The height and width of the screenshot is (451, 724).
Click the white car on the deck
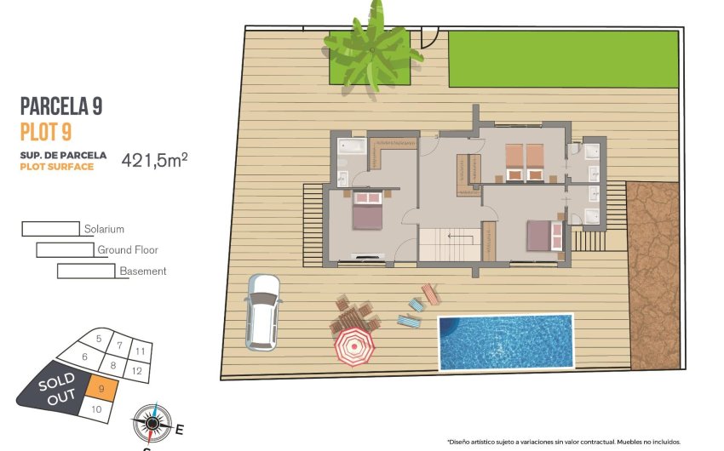click(261, 311)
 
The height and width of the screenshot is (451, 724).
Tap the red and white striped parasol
click(353, 346)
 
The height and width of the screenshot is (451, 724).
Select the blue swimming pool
click(505, 342)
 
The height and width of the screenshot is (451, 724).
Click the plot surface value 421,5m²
click(154, 159)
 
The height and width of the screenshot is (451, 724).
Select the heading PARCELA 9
click(61, 106)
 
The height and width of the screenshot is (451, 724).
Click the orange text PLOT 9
click(45, 131)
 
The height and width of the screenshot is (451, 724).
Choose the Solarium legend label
click(104, 229)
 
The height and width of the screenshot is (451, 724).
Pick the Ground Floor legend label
click(128, 250)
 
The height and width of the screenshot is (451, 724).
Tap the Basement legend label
click(142, 271)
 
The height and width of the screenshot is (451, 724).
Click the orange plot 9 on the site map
click(101, 389)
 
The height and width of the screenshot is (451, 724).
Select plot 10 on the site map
click(96, 408)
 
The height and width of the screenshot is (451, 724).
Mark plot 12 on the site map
click(136, 370)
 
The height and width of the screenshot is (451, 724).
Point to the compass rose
click(152, 421)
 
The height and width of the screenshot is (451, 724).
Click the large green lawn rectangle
click(563, 59)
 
